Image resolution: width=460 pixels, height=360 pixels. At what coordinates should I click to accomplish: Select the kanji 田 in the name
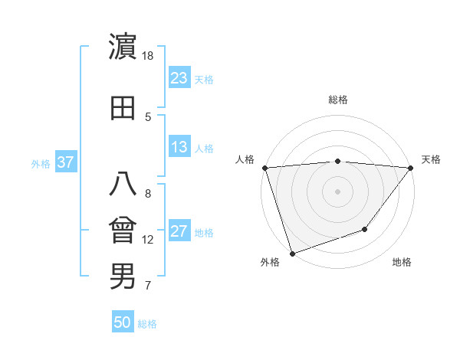pyautogui.click(x=123, y=108)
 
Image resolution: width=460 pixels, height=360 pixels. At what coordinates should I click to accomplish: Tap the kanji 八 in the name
pyautogui.click(x=123, y=185)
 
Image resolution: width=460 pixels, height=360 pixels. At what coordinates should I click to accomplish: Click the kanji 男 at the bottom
pyautogui.click(x=123, y=277)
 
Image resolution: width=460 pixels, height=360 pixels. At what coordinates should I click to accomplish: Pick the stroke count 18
pyautogui.click(x=148, y=56)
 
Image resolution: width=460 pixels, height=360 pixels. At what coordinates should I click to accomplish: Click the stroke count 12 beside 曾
pyautogui.click(x=148, y=240)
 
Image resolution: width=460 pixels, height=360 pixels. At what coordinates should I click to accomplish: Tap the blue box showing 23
pyautogui.click(x=179, y=78)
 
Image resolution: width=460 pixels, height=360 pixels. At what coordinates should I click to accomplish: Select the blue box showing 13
pyautogui.click(x=179, y=147)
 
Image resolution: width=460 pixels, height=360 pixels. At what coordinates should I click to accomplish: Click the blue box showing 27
pyautogui.click(x=179, y=231)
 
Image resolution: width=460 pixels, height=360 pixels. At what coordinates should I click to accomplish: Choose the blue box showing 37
pyautogui.click(x=65, y=162)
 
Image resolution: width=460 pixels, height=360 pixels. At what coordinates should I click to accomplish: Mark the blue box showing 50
pyautogui.click(x=123, y=322)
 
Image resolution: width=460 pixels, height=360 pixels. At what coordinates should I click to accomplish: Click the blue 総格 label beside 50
pyautogui.click(x=147, y=324)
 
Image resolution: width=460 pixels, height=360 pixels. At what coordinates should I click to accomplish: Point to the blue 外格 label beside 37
pyautogui.click(x=41, y=163)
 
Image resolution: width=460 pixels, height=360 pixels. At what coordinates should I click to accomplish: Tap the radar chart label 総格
pyautogui.click(x=337, y=100)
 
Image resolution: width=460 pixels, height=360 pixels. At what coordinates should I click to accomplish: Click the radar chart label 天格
pyautogui.click(x=432, y=159)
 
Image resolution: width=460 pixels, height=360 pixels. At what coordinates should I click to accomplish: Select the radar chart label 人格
pyautogui.click(x=245, y=159)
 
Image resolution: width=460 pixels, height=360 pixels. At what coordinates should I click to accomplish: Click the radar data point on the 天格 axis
pyautogui.click(x=411, y=167)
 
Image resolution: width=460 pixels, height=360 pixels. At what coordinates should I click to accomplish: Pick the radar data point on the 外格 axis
pyautogui.click(x=292, y=253)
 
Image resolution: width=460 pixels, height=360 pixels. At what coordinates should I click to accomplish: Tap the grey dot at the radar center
pyautogui.click(x=337, y=191)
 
